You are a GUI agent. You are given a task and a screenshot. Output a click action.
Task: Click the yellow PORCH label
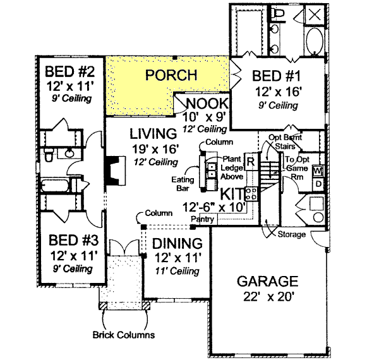coord(171,75)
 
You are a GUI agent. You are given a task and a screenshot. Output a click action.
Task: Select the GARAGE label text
coord(267,281)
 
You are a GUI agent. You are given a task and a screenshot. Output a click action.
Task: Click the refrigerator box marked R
coord(250,162)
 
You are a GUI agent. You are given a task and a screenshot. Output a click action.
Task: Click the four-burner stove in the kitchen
coord(251,193)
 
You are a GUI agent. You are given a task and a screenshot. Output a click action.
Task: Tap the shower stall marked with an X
coord(314,15)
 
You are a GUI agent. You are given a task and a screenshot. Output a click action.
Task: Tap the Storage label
coord(292,234)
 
